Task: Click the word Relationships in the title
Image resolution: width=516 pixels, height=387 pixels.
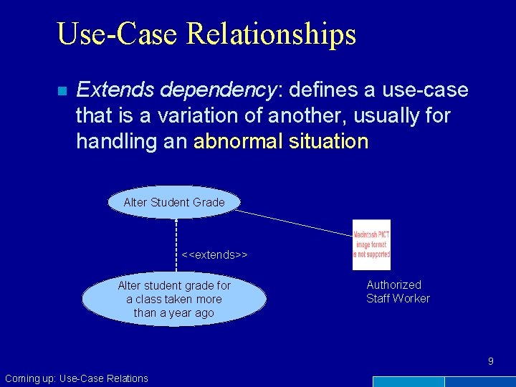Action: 268,34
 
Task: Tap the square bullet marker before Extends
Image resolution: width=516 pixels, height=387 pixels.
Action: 62,91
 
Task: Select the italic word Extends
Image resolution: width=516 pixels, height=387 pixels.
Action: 115,90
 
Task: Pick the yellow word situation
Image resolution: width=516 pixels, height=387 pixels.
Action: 328,141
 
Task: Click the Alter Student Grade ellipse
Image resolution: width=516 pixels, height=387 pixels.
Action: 174,203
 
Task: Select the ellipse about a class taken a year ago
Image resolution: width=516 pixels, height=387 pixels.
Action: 174,299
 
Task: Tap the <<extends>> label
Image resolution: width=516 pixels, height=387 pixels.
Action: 214,254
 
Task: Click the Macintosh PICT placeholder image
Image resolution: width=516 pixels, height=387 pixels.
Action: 371,244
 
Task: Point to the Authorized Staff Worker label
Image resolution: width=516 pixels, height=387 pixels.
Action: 398,292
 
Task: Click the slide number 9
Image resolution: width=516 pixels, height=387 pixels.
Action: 491,361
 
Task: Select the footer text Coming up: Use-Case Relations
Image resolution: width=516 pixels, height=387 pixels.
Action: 77,378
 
